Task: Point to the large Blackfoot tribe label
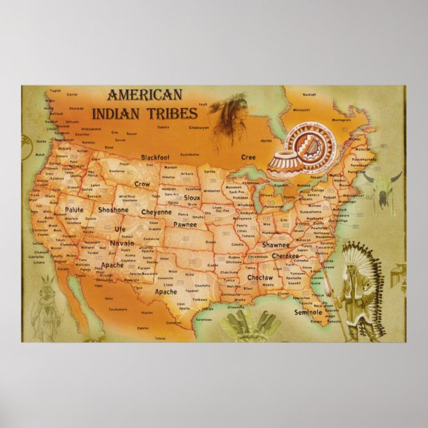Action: [157, 158]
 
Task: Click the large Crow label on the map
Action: [142, 183]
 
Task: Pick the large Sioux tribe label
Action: [192, 198]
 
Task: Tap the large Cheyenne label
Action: [157, 212]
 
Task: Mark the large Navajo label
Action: [122, 243]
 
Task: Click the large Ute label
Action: [120, 229]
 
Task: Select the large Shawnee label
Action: [276, 245]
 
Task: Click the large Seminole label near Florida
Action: [308, 312]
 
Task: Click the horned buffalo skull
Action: [383, 185]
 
